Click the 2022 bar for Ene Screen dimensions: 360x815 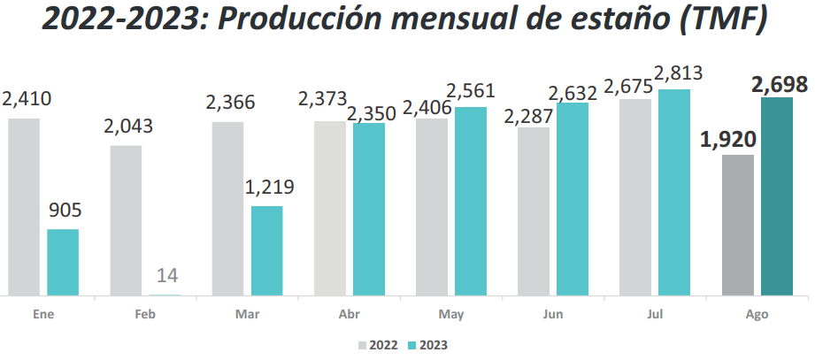pyautogui.click(x=24, y=206)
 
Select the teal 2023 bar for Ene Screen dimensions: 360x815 pyautogui.click(x=63, y=262)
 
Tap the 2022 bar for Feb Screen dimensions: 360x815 pyautogui.click(x=126, y=219)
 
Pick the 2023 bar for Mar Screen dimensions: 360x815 pyautogui.click(x=267, y=250)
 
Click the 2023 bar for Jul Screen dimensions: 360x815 pyautogui.click(x=674, y=192)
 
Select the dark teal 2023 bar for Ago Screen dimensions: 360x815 pyautogui.click(x=777, y=196)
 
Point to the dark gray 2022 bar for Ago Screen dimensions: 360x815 pyautogui.click(x=738, y=225)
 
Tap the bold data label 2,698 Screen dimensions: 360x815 pyautogui.click(x=779, y=84)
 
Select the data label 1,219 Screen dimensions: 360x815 pyautogui.click(x=269, y=188)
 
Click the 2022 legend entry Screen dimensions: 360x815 pyautogui.click(x=378, y=345)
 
